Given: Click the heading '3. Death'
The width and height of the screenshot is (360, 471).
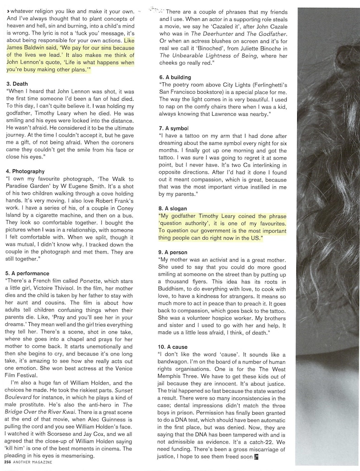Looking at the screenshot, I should pyautogui.click(x=17, y=84).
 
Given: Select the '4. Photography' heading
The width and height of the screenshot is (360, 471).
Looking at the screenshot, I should pyautogui.click(x=26, y=172).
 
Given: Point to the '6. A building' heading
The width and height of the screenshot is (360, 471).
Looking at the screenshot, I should pyautogui.click(x=175, y=77).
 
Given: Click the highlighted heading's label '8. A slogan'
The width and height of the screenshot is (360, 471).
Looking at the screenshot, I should pyautogui.click(x=173, y=208).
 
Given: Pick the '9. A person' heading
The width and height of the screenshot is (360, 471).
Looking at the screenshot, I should pyautogui.click(x=174, y=252).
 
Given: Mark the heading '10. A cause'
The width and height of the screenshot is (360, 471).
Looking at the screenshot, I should pyautogui.click(x=174, y=347).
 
